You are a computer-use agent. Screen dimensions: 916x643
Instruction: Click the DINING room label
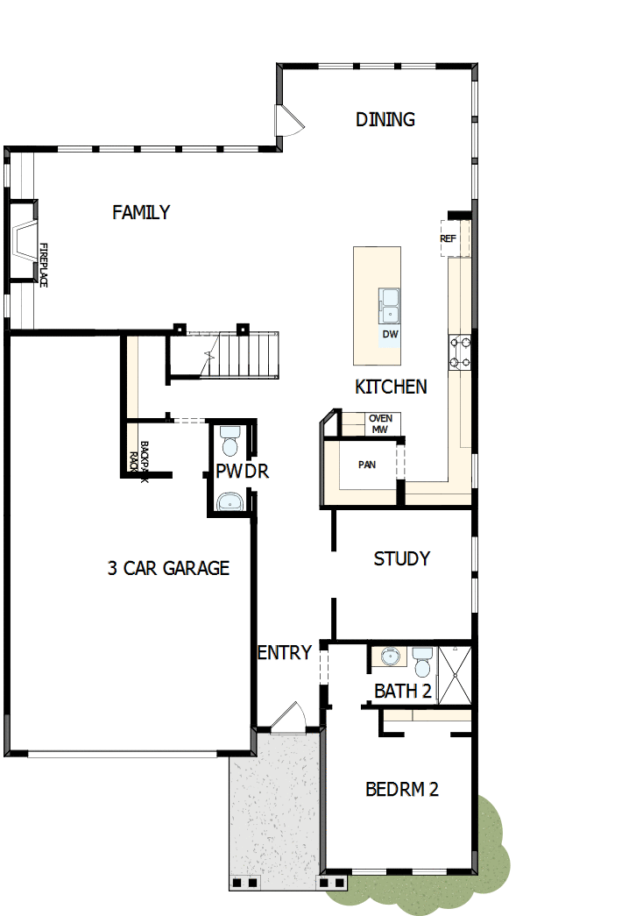(x=385, y=119)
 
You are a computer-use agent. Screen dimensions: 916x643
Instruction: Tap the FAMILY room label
(x=141, y=212)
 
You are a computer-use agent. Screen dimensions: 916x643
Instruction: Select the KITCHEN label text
(x=391, y=387)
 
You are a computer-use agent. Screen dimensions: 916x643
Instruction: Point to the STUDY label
(x=401, y=558)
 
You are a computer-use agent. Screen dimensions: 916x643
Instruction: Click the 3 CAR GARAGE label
(x=168, y=568)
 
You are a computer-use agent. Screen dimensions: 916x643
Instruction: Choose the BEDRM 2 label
(x=401, y=789)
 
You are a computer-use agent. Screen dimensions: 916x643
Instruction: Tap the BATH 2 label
(x=402, y=691)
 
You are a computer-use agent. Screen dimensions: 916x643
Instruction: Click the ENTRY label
(x=285, y=652)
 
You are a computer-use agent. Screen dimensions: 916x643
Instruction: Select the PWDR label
(x=243, y=472)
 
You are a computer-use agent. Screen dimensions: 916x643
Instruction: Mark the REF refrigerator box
(x=449, y=238)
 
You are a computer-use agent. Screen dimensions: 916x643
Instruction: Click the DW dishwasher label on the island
(x=390, y=334)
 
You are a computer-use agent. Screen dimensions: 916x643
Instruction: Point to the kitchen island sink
(x=390, y=307)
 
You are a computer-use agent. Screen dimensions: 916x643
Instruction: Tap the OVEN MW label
(x=380, y=423)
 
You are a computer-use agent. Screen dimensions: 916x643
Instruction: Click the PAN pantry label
(x=367, y=465)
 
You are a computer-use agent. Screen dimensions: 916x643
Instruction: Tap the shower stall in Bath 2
(x=455, y=675)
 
